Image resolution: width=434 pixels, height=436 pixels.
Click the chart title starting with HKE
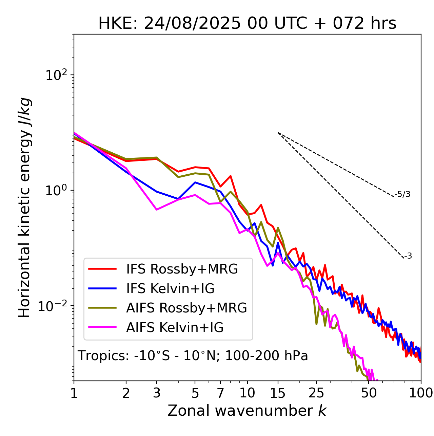click(x=247, y=24)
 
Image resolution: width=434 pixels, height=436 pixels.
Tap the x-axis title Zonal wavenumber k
click(x=247, y=411)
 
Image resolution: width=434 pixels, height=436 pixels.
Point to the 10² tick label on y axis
click(x=56, y=75)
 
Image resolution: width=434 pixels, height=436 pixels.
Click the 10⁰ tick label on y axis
click(x=56, y=190)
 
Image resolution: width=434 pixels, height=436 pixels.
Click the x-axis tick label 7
click(x=220, y=393)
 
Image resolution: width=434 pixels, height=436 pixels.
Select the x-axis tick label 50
click(x=369, y=393)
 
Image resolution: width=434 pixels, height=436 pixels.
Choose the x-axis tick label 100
click(x=421, y=393)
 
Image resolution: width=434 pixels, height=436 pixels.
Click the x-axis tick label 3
click(x=157, y=393)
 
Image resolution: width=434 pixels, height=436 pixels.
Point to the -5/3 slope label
click(x=402, y=194)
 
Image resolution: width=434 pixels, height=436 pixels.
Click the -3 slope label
click(x=408, y=256)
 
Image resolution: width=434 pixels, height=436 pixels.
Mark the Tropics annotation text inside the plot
click(x=193, y=356)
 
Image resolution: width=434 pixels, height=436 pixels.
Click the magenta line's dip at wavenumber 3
click(x=157, y=210)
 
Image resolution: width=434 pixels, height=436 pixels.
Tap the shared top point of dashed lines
click(x=278, y=133)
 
